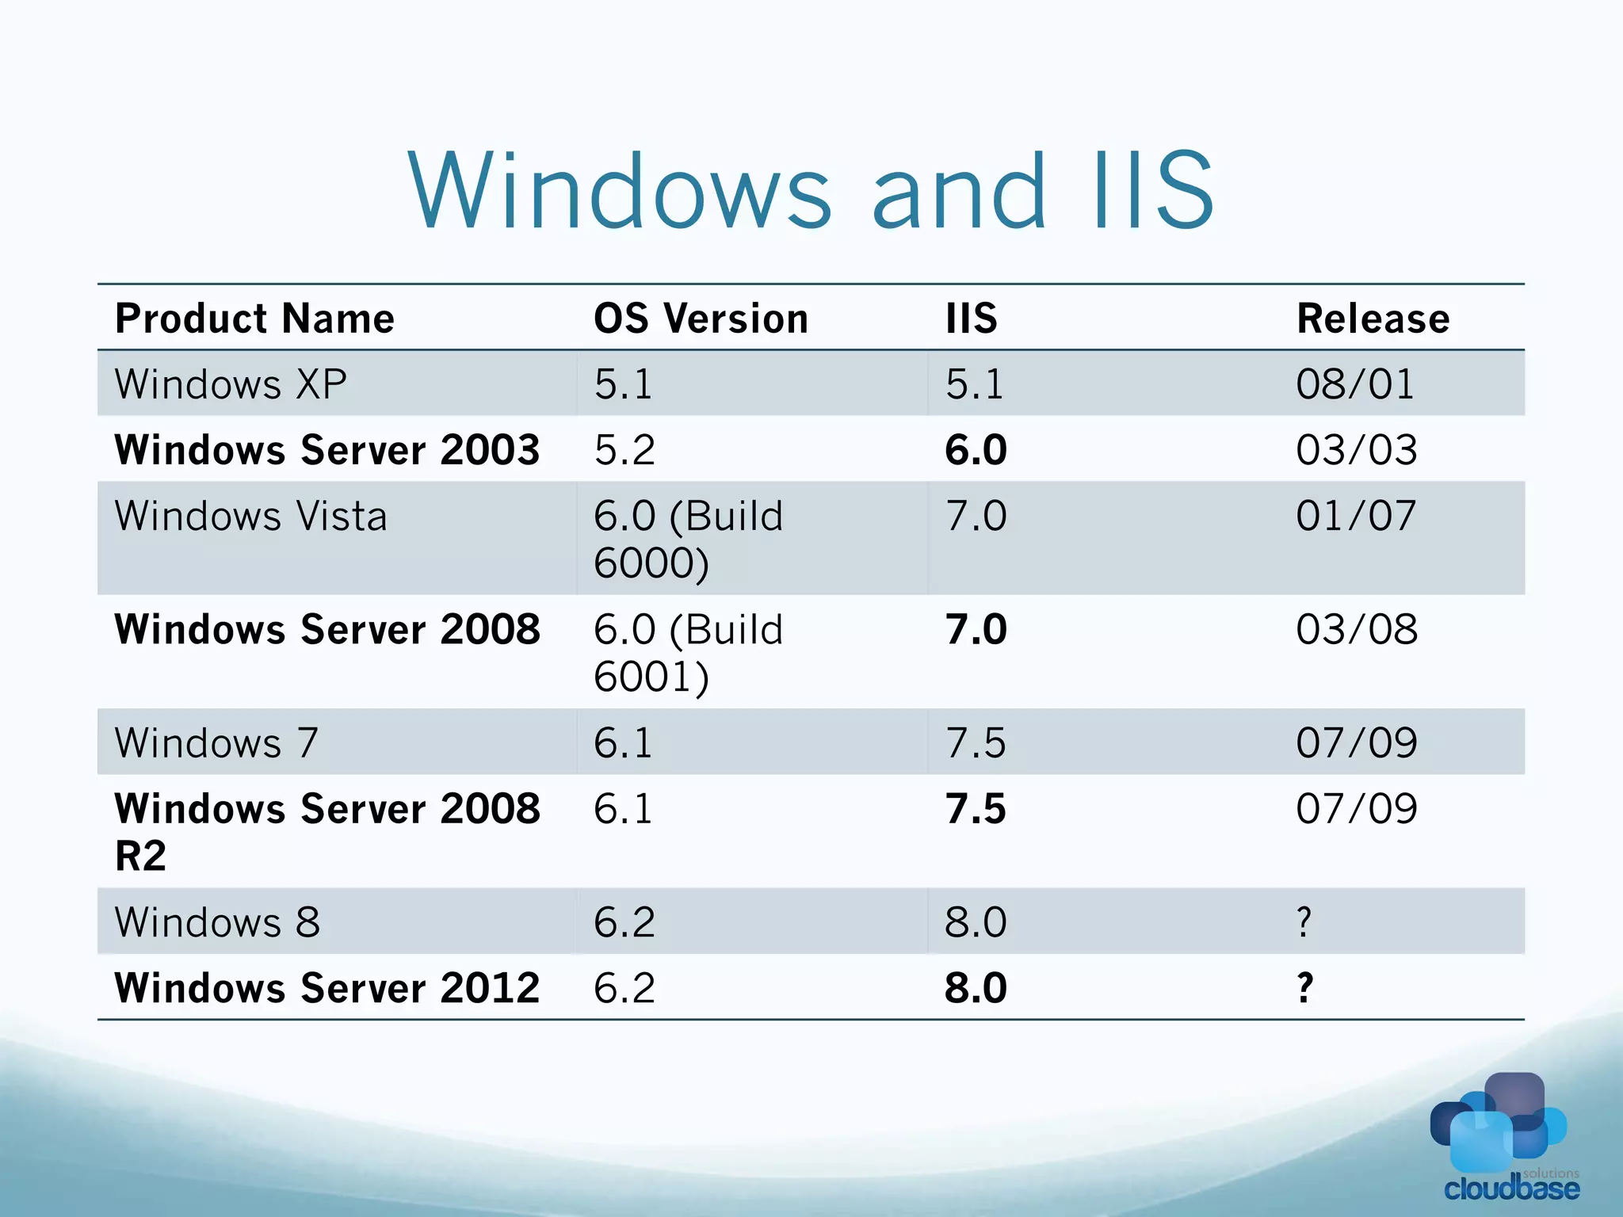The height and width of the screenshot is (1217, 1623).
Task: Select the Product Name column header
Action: click(x=254, y=319)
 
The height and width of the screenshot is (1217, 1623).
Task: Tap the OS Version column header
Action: click(x=701, y=319)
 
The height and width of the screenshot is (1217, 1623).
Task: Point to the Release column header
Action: click(x=1373, y=319)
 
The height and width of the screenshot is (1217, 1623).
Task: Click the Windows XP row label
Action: click(x=231, y=384)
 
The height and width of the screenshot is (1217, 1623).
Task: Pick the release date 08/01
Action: click(x=1355, y=384)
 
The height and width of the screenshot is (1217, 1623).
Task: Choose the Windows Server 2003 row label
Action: click(x=327, y=450)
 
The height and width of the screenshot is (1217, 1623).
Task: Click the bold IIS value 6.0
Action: click(x=976, y=450)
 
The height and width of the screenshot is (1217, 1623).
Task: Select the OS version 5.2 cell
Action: click(x=624, y=450)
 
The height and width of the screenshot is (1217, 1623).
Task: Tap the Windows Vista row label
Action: click(x=251, y=517)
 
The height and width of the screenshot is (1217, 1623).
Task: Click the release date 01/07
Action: click(x=1356, y=517)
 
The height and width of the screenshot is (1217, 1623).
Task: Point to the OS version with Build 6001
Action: click(x=688, y=653)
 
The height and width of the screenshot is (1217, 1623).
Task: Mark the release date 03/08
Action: click(x=1357, y=630)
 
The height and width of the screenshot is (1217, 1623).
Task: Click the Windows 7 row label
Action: click(x=216, y=743)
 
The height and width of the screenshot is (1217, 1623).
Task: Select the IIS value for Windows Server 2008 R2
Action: click(x=976, y=809)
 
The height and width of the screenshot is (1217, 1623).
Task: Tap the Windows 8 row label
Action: click(x=217, y=922)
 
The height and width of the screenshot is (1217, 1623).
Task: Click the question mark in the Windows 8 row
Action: click(x=1304, y=922)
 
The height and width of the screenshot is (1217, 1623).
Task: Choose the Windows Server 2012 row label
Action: click(x=327, y=988)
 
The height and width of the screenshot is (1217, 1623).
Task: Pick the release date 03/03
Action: click(x=1357, y=450)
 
